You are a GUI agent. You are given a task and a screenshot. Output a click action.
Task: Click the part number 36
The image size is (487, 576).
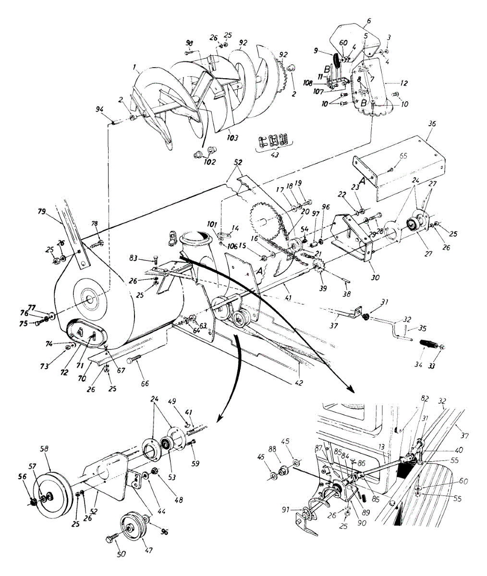(432, 124)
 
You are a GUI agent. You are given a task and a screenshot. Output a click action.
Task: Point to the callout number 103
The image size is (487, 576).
(232, 138)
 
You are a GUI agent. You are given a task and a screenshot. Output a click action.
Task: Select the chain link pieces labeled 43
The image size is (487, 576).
(272, 141)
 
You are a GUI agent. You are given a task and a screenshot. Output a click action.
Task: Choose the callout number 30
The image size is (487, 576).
(375, 277)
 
